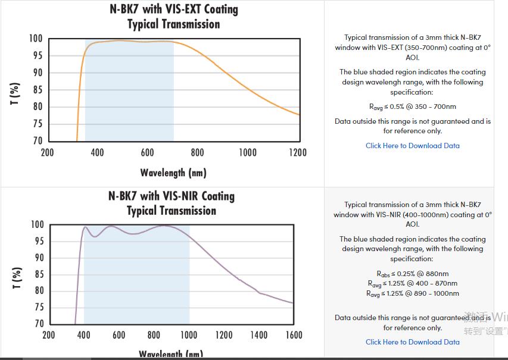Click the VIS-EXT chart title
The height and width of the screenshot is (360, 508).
point(173,17)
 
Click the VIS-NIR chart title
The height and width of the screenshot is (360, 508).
point(172,203)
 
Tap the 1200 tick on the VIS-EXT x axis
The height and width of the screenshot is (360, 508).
point(298,153)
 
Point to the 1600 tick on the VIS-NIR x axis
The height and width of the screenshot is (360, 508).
point(294,336)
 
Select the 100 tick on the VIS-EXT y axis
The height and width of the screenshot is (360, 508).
point(36,39)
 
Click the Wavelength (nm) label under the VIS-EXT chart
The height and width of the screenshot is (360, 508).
point(173,173)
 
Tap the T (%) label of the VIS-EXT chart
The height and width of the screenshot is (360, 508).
point(15,93)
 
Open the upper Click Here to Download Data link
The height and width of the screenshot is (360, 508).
point(413,146)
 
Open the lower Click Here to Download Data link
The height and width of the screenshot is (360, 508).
point(413,342)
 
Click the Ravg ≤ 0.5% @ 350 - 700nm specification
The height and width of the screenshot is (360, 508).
point(413,107)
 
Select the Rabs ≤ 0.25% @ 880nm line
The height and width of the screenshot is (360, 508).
point(413,274)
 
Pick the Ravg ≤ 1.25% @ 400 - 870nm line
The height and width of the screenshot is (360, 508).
point(413,283)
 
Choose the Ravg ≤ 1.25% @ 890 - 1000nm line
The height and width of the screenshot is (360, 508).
point(413,293)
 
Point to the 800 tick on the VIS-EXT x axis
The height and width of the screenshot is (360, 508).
point(198,153)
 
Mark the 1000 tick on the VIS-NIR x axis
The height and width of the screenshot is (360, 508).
point(189,336)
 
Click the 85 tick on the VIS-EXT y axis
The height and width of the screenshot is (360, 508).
point(37,90)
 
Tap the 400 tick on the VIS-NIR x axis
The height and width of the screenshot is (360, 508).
point(84,336)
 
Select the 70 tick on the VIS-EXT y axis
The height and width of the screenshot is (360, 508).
point(37,142)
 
